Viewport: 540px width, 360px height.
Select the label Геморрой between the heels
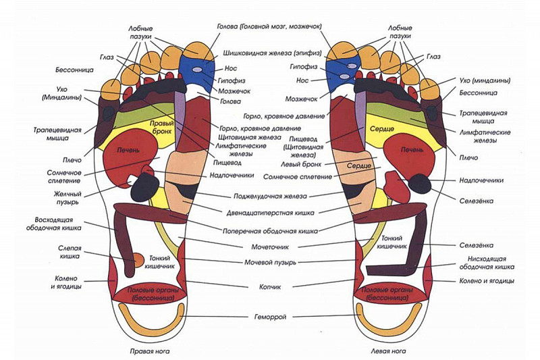[269, 315]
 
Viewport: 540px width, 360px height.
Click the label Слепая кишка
[70, 253]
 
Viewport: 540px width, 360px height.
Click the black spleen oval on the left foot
[418, 183]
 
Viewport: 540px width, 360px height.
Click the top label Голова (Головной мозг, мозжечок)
[269, 26]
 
